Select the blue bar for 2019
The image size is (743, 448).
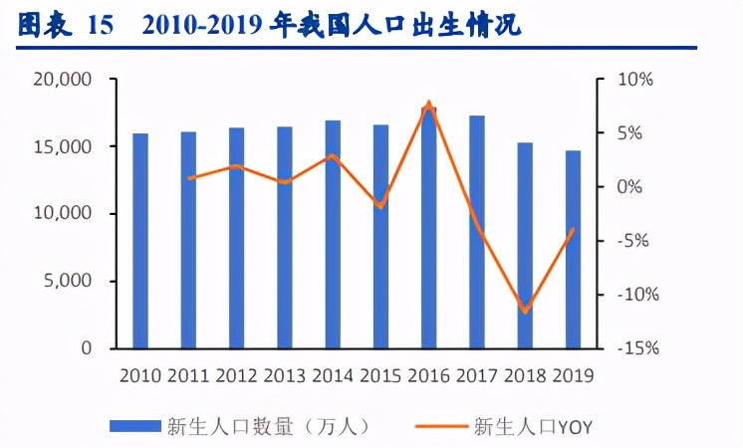572,250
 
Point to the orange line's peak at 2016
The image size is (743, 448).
428,104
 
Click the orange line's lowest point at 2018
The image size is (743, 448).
524,312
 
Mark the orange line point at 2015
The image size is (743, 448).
380,207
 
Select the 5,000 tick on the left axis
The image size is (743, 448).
67,282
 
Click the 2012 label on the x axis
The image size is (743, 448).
236,375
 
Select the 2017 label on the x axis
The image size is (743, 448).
476,375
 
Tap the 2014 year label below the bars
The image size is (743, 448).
333,375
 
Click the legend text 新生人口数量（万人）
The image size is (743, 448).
272,426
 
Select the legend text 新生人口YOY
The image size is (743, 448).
533,426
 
